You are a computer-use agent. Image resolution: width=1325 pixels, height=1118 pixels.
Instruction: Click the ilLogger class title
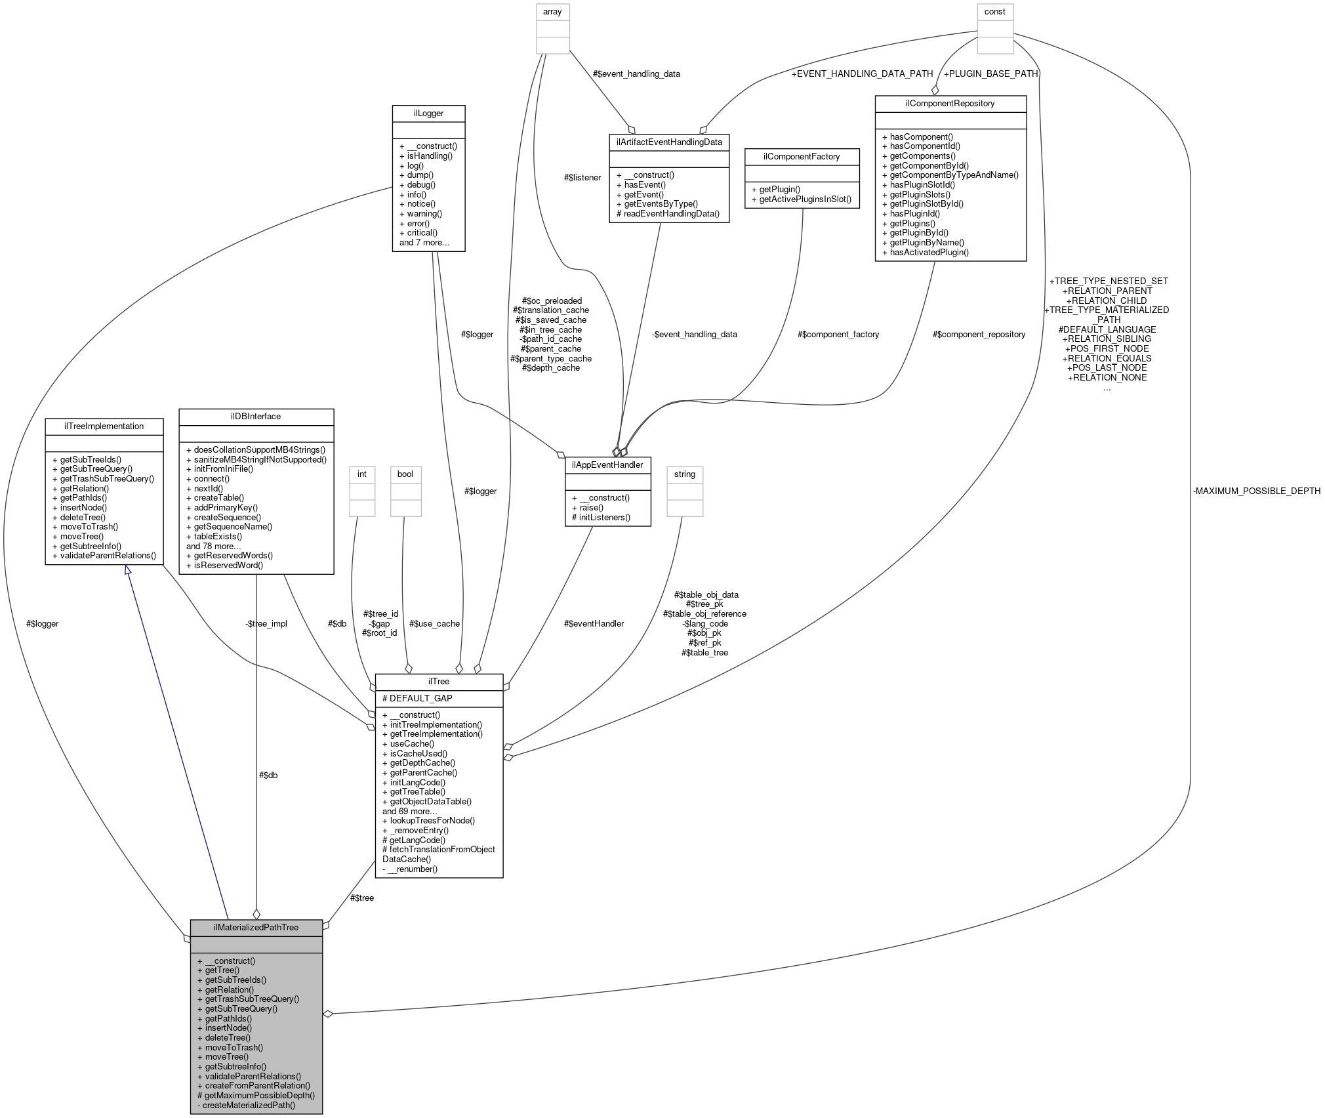[x=428, y=114]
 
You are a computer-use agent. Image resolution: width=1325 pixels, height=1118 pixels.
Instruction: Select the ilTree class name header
[x=438, y=682]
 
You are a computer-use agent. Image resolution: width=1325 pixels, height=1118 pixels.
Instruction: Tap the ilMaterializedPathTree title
[x=256, y=927]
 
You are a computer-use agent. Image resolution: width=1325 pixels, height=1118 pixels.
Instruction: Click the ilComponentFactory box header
[x=802, y=156]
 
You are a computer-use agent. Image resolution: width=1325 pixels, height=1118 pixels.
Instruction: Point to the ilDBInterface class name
[x=256, y=417]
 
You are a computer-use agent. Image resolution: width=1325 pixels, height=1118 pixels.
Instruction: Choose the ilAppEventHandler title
[x=607, y=465]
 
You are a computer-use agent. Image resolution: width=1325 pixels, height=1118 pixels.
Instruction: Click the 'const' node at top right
[x=995, y=12]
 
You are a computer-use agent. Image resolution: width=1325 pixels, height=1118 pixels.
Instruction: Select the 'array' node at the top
[x=552, y=12]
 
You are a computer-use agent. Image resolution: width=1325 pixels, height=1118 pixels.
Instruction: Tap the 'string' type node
[x=684, y=474]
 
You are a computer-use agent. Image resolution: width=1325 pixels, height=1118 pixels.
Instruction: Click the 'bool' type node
[x=405, y=474]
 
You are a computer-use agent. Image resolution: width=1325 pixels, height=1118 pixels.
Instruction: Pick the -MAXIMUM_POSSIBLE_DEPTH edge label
[x=1256, y=491]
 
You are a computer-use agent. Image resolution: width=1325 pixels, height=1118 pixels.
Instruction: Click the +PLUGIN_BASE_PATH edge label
[x=990, y=73]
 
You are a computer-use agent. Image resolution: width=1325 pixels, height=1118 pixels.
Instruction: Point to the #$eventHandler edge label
[x=594, y=623]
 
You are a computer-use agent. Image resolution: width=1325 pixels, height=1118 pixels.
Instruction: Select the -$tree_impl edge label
[x=266, y=623]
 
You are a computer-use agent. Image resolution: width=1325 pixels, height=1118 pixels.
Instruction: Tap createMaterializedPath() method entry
[x=246, y=1105]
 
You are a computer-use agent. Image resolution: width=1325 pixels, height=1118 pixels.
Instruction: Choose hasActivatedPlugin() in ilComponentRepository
[x=925, y=252]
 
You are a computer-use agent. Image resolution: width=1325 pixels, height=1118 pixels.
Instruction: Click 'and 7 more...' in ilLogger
[x=424, y=242]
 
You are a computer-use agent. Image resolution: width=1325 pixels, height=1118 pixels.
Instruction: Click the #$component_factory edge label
[x=838, y=334]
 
